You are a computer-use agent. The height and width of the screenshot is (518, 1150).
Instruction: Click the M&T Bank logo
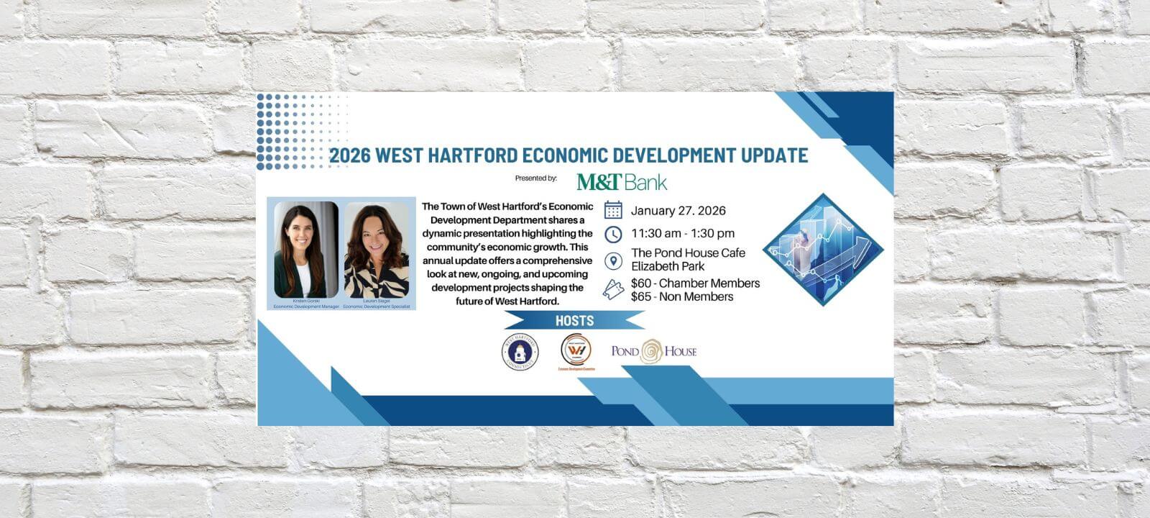coord(622,181)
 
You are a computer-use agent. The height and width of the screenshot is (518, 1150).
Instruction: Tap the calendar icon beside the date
coord(613,210)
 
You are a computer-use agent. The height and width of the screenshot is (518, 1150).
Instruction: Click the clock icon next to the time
coord(613,235)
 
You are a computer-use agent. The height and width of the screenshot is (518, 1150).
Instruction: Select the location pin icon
coord(613,260)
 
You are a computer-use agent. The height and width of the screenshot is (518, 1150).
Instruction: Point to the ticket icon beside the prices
coord(613,289)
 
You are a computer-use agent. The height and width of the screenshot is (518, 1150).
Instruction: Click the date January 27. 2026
coord(678,211)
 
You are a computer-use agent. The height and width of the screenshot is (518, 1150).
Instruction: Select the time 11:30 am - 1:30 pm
coord(683,233)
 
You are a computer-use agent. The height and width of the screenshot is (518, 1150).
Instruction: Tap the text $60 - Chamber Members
coord(695,283)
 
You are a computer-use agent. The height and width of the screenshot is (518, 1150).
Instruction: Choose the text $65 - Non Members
coord(682,296)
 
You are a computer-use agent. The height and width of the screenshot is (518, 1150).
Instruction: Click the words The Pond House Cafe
coord(688,253)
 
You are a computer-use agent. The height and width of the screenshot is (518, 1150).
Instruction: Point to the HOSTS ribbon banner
coord(574,321)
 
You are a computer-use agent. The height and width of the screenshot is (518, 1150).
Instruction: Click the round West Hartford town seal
coord(520,353)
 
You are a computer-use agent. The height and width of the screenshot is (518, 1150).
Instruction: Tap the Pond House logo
coord(653,351)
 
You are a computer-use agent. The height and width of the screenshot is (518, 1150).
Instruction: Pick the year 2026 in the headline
coord(349,155)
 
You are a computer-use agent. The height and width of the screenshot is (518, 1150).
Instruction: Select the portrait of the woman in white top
coord(306,250)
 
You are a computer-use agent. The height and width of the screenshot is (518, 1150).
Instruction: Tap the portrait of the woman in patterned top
coord(377,250)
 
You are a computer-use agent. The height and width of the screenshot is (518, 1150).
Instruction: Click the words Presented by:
coord(536,178)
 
